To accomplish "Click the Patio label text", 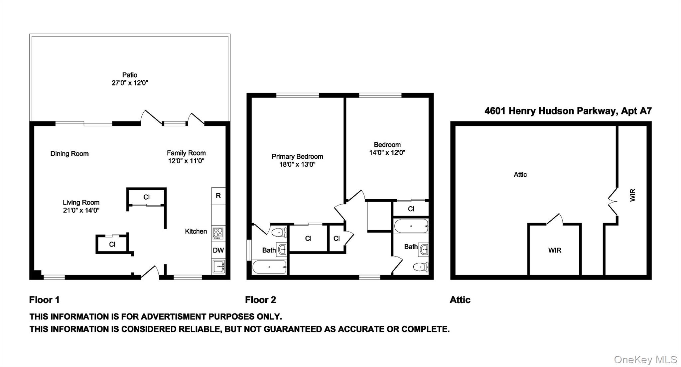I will pyautogui.click(x=129, y=75).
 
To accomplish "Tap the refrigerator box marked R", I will pyautogui.click(x=218, y=196).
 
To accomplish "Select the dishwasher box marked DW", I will pyautogui.click(x=218, y=250).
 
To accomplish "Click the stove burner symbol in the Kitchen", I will pyautogui.click(x=218, y=233).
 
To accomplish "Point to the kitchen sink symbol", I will pyautogui.click(x=218, y=267).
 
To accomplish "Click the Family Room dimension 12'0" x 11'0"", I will pyautogui.click(x=186, y=161).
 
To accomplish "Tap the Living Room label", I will pyautogui.click(x=81, y=202).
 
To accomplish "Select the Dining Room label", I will pyautogui.click(x=69, y=154).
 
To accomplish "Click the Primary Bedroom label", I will pyautogui.click(x=297, y=156).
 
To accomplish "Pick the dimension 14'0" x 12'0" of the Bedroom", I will pyautogui.click(x=387, y=153).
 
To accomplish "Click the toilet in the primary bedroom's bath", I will pyautogui.click(x=279, y=232).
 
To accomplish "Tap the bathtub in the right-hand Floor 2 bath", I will pyautogui.click(x=411, y=226).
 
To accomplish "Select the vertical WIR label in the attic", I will pyautogui.click(x=632, y=195).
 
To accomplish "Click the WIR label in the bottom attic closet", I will pyautogui.click(x=555, y=250).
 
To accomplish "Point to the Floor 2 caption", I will pyautogui.click(x=260, y=300).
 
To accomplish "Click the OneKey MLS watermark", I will pyautogui.click(x=645, y=360).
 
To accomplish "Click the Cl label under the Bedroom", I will pyautogui.click(x=411, y=209).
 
